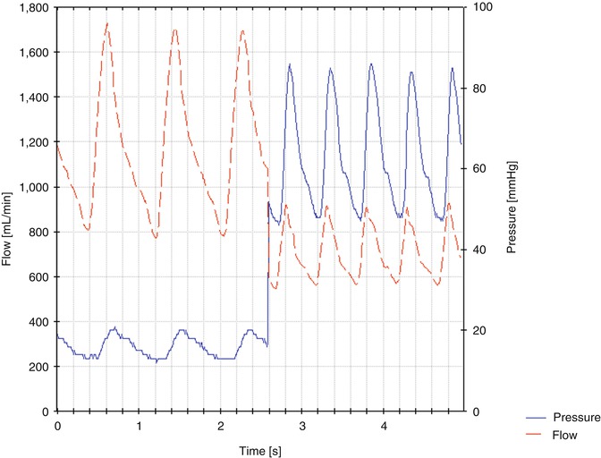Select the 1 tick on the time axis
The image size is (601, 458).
pyautogui.click(x=139, y=425)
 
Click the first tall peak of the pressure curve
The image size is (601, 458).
pyautogui.click(x=290, y=64)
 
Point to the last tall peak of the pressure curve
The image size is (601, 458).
pyautogui.click(x=453, y=67)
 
